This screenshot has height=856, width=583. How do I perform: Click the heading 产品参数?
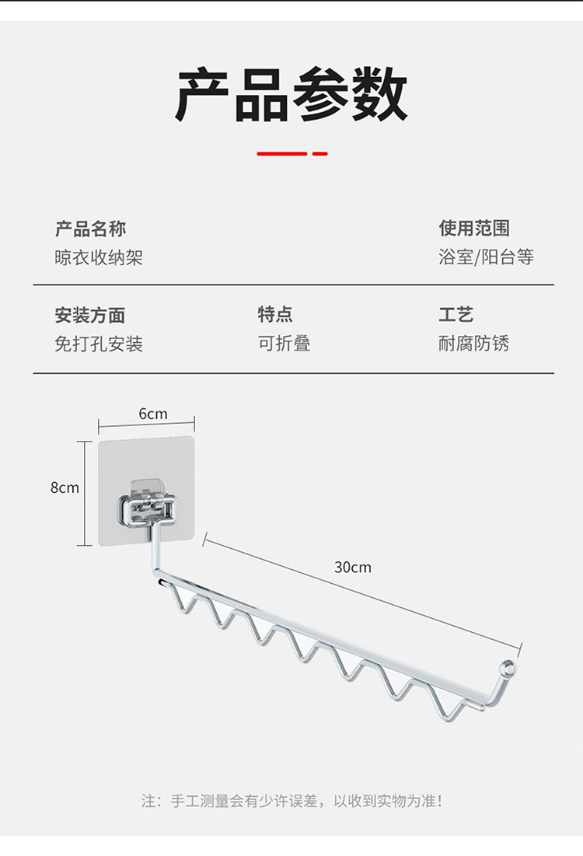pos(291,96)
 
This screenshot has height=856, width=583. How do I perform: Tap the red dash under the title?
pos(291,154)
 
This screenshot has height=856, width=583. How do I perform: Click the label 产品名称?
pos(90,229)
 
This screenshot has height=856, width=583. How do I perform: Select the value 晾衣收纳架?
pos(99,257)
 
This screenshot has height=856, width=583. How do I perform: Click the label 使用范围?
pos(474,229)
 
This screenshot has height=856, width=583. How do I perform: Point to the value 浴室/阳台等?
pos(486,257)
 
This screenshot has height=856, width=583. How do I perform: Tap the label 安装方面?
pos(90,315)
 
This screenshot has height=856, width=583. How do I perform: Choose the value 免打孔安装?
pos(99,344)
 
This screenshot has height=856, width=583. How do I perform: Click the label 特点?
pos(275,315)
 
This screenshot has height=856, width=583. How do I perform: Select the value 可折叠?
pos(285,344)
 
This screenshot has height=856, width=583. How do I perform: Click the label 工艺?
pos(456,315)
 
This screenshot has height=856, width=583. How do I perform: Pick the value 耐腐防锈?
pos(473,344)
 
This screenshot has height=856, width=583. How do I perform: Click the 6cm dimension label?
pos(153,414)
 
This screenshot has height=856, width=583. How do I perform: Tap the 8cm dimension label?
pos(65,488)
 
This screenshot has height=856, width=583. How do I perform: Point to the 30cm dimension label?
pos(353,568)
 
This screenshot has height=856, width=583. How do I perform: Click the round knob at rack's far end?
pos(508,667)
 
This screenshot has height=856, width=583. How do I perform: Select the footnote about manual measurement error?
pos(291,801)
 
